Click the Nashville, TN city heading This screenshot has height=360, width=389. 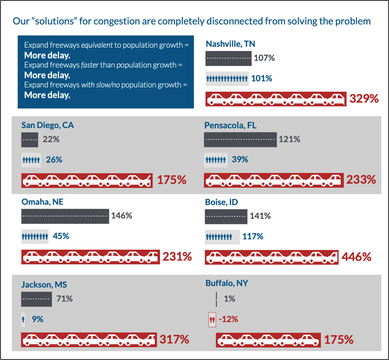[x=231, y=44]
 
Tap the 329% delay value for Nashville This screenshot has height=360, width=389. [x=364, y=99]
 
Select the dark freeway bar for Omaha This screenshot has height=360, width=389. [x=65, y=216]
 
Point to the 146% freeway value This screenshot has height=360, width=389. [x=121, y=215]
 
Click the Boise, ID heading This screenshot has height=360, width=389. [x=221, y=202]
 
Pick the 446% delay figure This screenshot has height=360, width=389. [x=356, y=257]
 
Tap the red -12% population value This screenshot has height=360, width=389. [x=228, y=319]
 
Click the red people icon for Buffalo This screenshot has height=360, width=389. [x=212, y=320]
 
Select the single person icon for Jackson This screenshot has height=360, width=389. [x=23, y=319]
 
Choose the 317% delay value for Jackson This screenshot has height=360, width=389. [x=174, y=340]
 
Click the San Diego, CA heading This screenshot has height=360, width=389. [x=48, y=125]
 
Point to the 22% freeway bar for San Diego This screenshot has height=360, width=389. [x=30, y=140]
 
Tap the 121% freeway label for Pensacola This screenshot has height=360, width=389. [x=290, y=139]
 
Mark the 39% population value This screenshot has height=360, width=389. [x=240, y=159]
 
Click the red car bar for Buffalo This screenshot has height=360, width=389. [x=269, y=340]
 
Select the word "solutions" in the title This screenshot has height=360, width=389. [x=55, y=21]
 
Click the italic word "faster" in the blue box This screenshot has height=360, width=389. [x=90, y=65]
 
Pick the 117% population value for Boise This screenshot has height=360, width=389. [x=253, y=236]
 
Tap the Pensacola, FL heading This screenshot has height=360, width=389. [x=231, y=125]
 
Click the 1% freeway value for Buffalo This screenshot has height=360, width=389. [x=229, y=299]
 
